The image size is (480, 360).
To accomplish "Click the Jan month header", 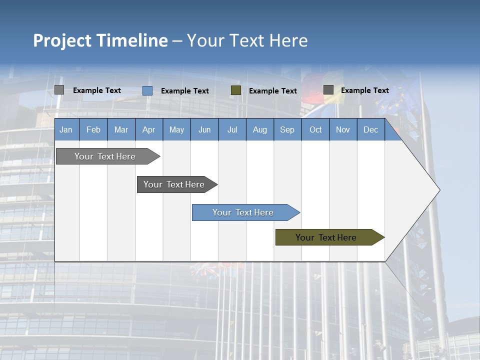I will coord(66,129).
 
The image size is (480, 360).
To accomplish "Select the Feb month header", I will coord(93,129).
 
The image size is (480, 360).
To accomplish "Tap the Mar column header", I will coord(121,129).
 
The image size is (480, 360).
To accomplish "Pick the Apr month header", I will coord(148,129).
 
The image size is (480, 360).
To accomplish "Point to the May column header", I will coord(176,129).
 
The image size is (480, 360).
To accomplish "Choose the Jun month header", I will coord(204,129).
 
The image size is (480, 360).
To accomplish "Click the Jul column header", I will coord(232,129).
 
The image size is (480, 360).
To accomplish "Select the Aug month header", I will coord(259,129).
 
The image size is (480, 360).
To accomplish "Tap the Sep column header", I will coord(287,129).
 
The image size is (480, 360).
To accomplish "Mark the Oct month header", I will coord(315,129).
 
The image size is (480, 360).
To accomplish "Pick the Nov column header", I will coord(343,129).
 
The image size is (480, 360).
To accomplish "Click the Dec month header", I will coord(370,129).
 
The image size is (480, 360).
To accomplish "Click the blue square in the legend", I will coord(147,90).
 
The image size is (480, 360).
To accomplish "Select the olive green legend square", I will coord(236,90).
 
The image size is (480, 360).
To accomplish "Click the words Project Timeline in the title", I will coord(100,40).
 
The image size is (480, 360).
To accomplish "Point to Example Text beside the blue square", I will coord(185,91).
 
